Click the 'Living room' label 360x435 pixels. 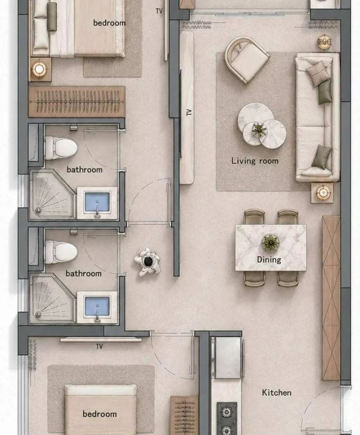tap(255, 161)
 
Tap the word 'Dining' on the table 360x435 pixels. tap(269, 260)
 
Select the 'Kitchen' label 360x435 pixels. tap(276, 392)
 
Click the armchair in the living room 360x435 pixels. tap(246, 60)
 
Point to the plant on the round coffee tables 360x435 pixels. tap(259, 130)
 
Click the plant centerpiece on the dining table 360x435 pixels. tap(270, 242)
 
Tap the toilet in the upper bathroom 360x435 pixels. tap(60, 148)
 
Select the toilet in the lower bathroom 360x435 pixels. tap(60, 252)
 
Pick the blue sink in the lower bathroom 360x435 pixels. tap(97, 307)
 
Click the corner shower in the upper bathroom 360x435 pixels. tap(52, 195)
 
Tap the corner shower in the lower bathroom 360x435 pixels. tap(52, 299)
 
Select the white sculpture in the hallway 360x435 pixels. tap(147, 263)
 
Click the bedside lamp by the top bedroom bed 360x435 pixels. tap(39, 69)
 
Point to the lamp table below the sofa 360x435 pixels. tap(322, 193)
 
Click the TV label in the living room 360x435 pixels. tap(189, 112)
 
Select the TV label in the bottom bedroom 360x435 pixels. tap(99, 346)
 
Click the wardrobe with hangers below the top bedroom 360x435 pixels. tap(76, 101)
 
